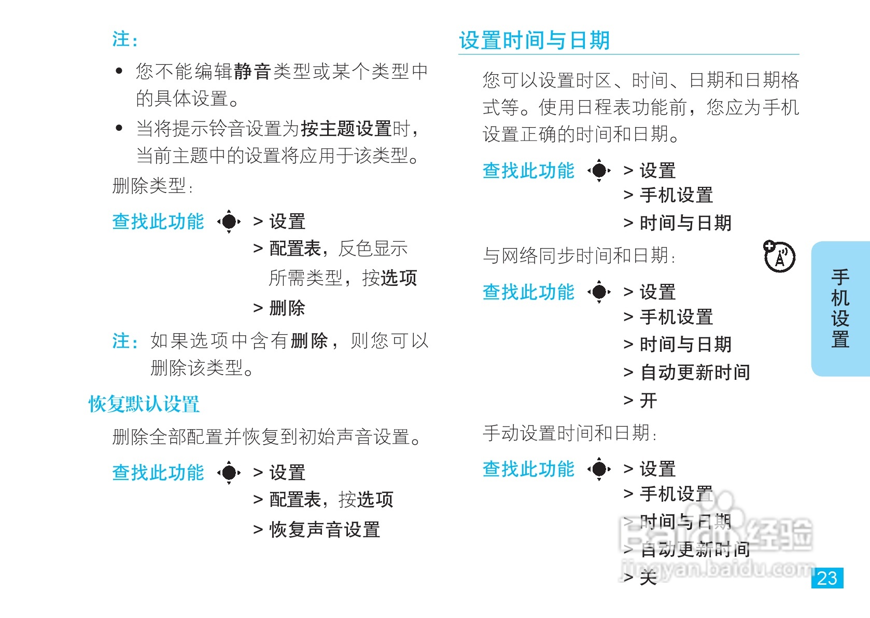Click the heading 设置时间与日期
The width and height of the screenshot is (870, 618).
tap(534, 40)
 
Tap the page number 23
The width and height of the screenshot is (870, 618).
tap(827, 578)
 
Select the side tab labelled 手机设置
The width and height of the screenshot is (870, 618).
tap(840, 308)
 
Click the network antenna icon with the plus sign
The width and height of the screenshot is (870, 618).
tap(779, 256)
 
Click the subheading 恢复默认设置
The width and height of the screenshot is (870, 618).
tap(144, 404)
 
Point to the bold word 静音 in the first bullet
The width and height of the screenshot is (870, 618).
tap(252, 72)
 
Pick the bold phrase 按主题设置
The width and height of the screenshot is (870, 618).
tap(346, 128)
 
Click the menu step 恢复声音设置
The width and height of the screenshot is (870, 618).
tap(325, 530)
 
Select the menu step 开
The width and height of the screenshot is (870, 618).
tap(648, 401)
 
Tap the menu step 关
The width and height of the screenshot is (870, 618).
tap(648, 577)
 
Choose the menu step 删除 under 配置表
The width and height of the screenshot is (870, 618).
tap(287, 308)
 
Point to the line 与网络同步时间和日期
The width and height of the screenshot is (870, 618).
tap(579, 256)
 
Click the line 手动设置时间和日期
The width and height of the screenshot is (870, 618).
tap(569, 433)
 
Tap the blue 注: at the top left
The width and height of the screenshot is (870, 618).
tap(125, 39)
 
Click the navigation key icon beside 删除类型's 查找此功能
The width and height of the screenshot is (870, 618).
tap(229, 222)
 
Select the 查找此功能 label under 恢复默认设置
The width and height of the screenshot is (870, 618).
tap(158, 473)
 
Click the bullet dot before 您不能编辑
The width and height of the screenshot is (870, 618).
tap(119, 71)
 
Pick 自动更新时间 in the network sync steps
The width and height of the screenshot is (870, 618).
tap(695, 372)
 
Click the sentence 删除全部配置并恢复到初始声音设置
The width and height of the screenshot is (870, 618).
tap(266, 437)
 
